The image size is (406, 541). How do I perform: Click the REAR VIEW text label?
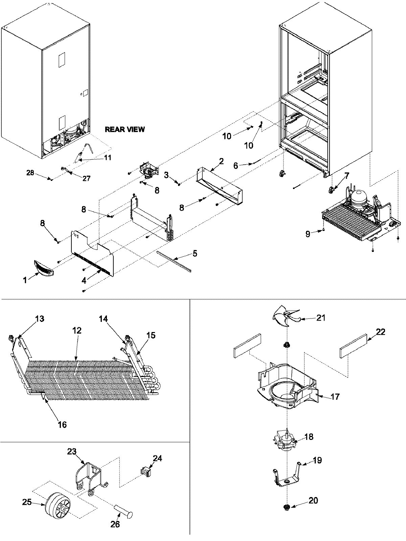pyautogui.click(x=125, y=129)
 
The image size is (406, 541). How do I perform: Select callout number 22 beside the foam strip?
pyautogui.click(x=371, y=332)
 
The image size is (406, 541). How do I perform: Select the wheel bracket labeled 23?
pyautogui.click(x=89, y=475)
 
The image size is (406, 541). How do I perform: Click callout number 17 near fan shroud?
pyautogui.click(x=335, y=396)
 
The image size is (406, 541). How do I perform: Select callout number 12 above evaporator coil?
pyautogui.click(x=77, y=330)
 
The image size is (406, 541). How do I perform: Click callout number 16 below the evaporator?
pyautogui.click(x=62, y=424)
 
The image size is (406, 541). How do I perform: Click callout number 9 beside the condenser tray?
pyautogui.click(x=308, y=234)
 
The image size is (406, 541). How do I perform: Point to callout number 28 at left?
pyautogui.click(x=30, y=173)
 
